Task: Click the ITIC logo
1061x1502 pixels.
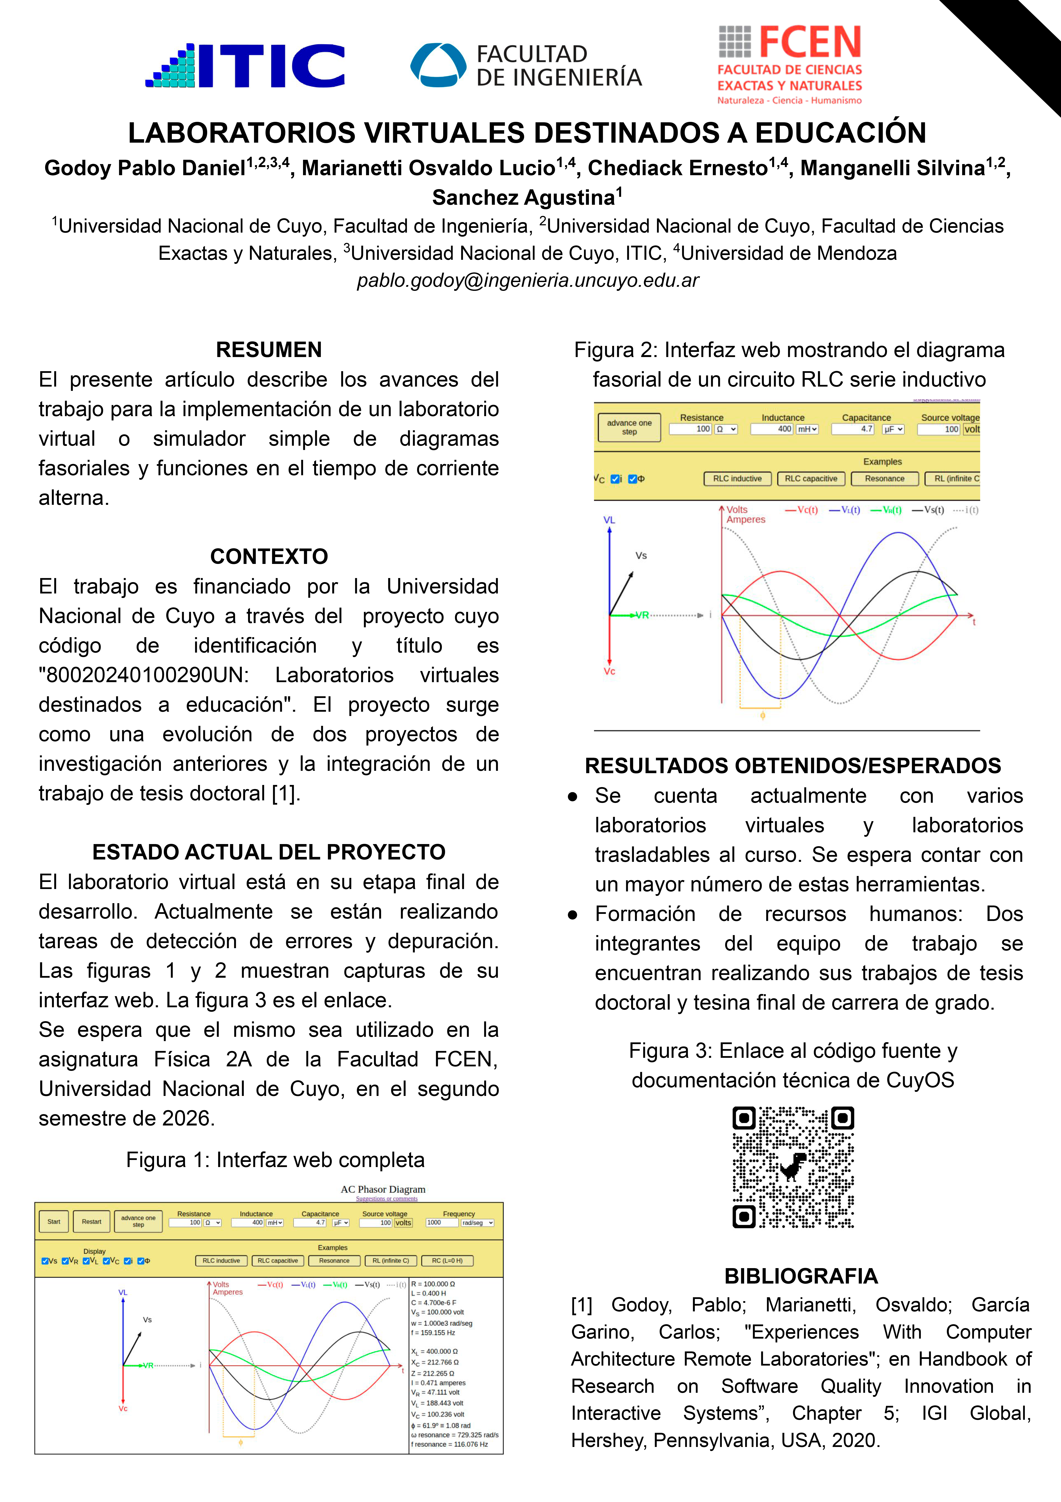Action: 245,65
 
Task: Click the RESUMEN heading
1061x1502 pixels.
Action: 269,350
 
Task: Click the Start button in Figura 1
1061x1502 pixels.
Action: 53,1221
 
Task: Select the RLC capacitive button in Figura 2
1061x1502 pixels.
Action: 811,479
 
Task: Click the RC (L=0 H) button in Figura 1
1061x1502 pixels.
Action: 447,1261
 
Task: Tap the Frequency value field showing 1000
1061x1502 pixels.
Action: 441,1223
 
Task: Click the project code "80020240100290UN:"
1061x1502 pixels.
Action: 144,675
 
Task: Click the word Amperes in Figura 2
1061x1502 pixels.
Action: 746,520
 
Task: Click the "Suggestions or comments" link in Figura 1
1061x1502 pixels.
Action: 386,1199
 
